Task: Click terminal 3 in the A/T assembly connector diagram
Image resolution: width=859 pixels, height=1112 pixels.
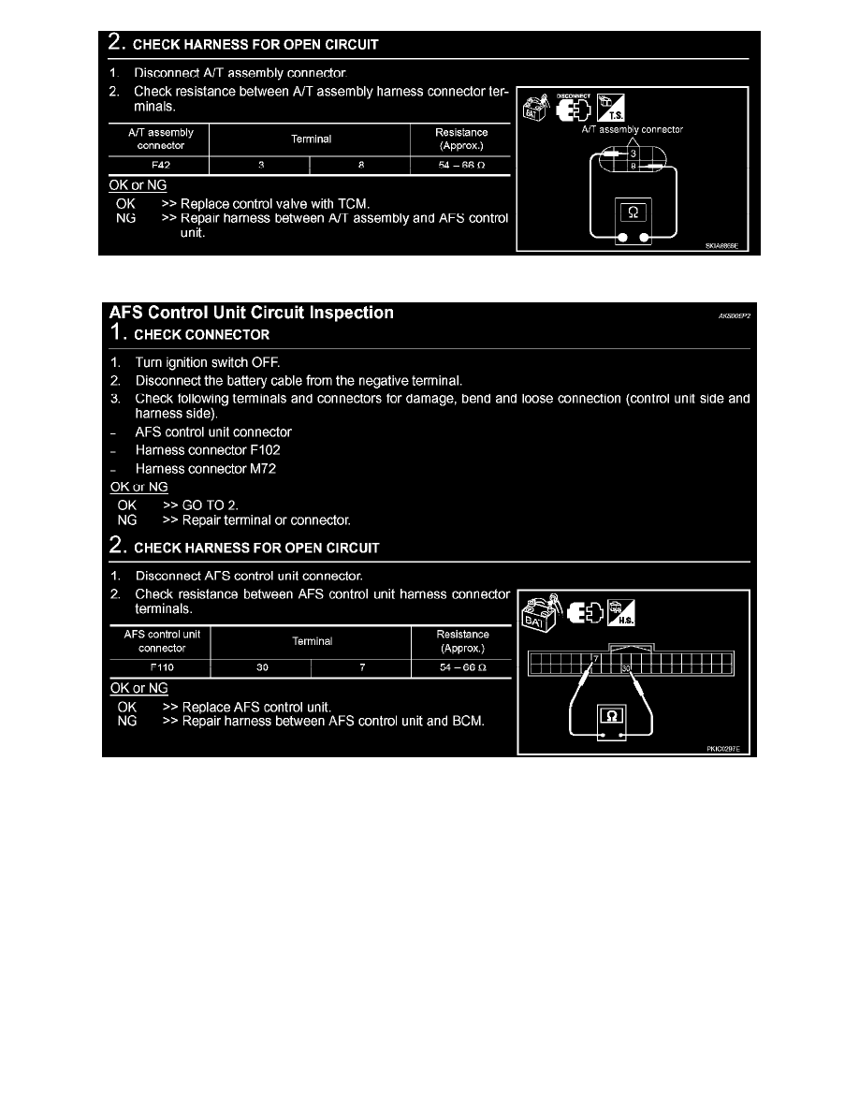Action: coord(633,154)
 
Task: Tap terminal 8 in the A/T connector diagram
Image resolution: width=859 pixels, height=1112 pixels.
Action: coord(633,167)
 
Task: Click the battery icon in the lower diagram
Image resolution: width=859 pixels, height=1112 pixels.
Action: coord(539,613)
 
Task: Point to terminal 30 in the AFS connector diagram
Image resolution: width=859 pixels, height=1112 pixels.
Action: coord(626,668)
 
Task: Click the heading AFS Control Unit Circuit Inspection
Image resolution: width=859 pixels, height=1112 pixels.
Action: coord(252,314)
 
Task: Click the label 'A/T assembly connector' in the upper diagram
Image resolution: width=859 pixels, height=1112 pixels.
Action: coord(632,130)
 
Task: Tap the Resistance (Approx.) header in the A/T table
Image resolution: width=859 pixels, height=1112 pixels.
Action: coord(460,139)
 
